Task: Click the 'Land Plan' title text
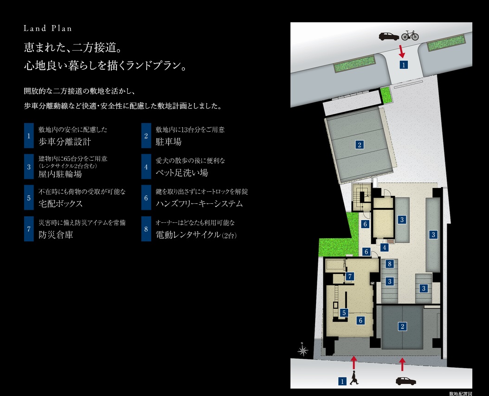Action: click(x=48, y=28)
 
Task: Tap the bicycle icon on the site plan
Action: click(x=410, y=35)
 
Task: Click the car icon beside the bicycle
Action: click(x=389, y=36)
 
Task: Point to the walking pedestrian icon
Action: click(x=355, y=378)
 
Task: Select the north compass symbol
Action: click(x=302, y=349)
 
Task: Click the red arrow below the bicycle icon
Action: click(x=402, y=51)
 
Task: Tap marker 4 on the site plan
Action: click(x=384, y=248)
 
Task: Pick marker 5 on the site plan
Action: click(x=344, y=313)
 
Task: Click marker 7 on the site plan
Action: click(x=350, y=277)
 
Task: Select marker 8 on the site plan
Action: click(x=390, y=264)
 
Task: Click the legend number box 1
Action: click(x=29, y=136)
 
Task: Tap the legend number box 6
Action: click(x=146, y=198)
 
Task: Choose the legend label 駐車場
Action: click(x=168, y=142)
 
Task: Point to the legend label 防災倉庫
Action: click(x=56, y=235)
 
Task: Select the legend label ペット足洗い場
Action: click(x=182, y=173)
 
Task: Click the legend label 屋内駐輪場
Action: click(x=60, y=175)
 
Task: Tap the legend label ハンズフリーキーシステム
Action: click(x=199, y=204)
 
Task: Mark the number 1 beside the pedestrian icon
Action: click(x=342, y=381)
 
